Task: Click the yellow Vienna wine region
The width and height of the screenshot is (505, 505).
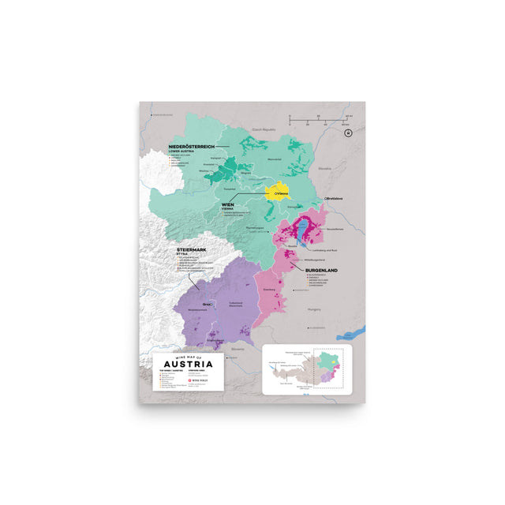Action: [277, 192]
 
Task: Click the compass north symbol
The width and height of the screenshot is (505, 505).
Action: [346, 133]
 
